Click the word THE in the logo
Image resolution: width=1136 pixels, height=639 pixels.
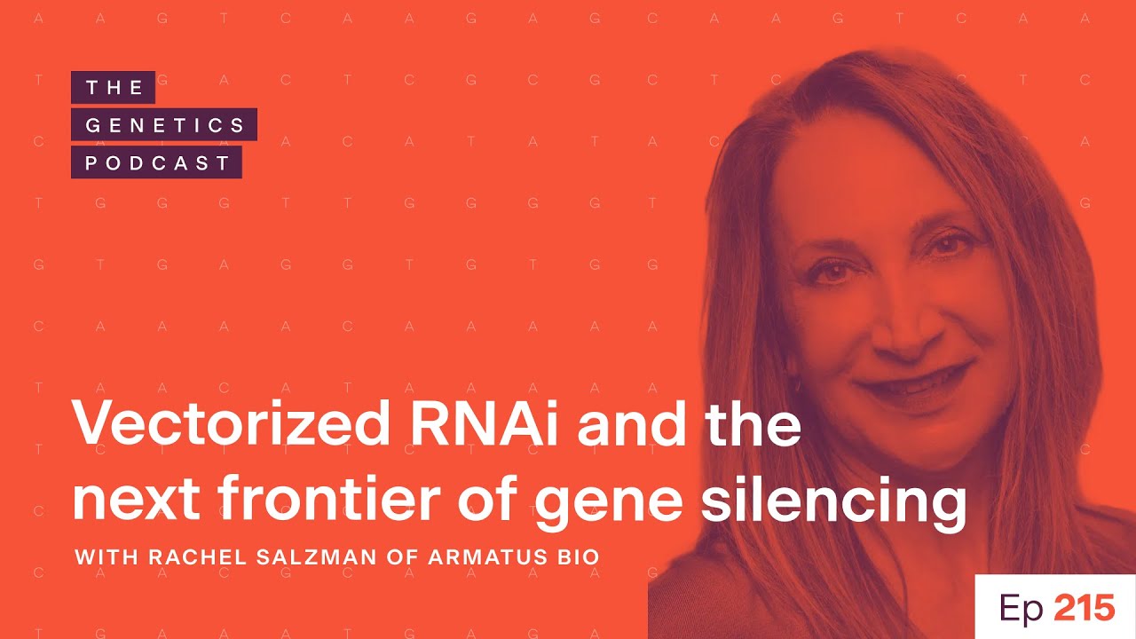click(114, 87)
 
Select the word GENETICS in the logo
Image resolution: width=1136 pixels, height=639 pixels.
click(165, 125)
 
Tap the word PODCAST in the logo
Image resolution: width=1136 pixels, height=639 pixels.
click(157, 163)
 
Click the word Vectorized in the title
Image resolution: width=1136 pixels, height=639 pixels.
click(229, 427)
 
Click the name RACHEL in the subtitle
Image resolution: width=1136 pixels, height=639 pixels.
click(181, 558)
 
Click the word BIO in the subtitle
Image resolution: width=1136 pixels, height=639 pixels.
click(580, 558)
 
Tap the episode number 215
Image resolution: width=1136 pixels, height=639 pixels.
click(1084, 608)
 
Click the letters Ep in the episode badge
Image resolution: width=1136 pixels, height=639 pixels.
click(1022, 610)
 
